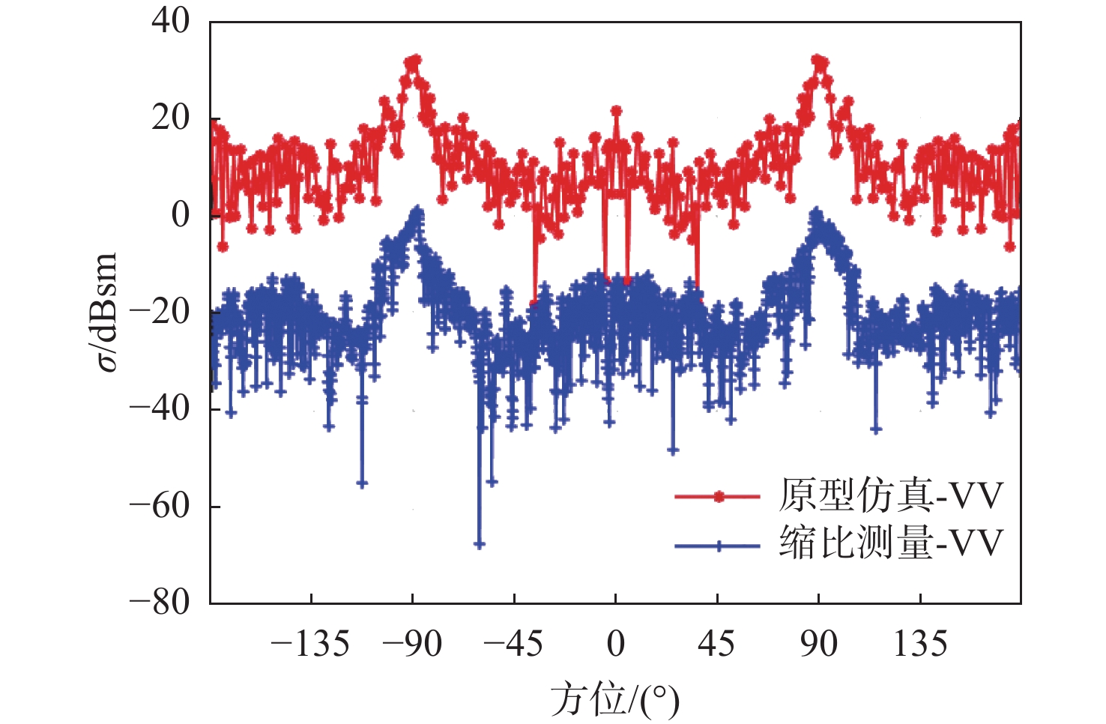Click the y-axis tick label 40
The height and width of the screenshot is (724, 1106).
click(x=171, y=21)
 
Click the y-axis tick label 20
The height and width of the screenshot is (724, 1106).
click(x=171, y=118)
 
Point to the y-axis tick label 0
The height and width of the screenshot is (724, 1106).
click(x=181, y=215)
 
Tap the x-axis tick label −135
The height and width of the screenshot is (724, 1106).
click(x=310, y=644)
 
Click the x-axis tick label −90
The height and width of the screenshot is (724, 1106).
click(x=412, y=644)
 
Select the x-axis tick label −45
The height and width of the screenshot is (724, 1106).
click(x=513, y=644)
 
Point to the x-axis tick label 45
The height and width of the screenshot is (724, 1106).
click(x=716, y=644)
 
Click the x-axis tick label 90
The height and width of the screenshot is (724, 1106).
click(x=818, y=644)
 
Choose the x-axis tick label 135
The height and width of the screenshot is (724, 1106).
click(x=920, y=644)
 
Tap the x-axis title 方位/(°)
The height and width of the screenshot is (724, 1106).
click(x=615, y=700)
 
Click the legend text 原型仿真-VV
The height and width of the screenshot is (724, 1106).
click(x=890, y=495)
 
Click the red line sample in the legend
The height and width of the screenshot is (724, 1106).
click(x=718, y=496)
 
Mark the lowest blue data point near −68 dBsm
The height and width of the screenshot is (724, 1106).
click(x=480, y=544)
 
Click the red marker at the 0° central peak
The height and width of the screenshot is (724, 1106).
click(x=616, y=111)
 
